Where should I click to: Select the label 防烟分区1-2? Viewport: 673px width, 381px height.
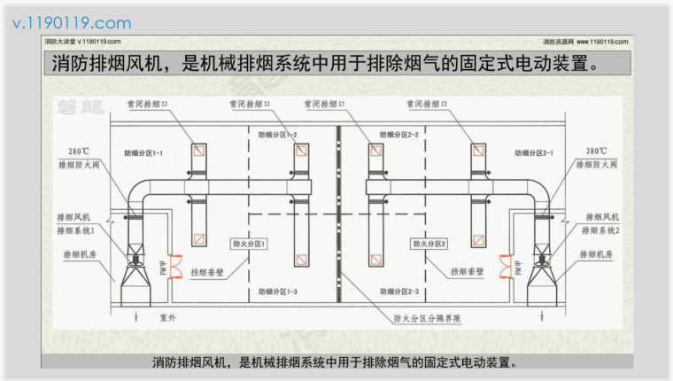click(278, 135)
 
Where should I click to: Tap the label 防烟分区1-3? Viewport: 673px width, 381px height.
click(278, 292)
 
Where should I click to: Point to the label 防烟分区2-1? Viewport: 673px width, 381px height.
click(534, 153)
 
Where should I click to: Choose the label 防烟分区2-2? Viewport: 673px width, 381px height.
click(398, 135)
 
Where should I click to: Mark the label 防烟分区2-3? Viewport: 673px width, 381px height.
click(398, 292)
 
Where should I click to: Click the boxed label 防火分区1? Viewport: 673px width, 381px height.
click(249, 243)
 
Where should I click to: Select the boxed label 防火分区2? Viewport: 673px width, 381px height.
click(429, 243)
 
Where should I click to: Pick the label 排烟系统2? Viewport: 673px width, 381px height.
click(603, 230)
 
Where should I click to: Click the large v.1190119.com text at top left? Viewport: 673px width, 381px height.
click(71, 22)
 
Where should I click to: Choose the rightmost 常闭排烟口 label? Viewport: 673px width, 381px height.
click(429, 104)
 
